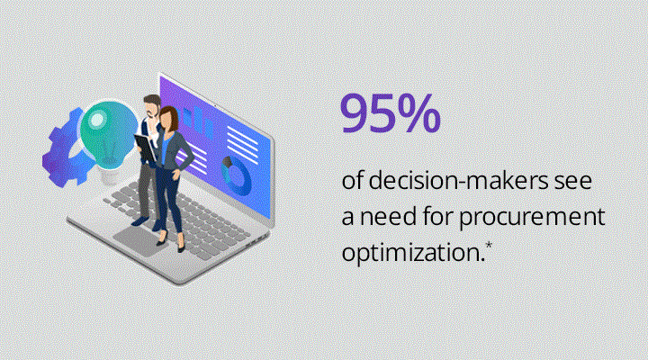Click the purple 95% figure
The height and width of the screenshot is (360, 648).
pyautogui.click(x=390, y=113)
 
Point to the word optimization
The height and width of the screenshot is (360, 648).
pyautogui.click(x=413, y=253)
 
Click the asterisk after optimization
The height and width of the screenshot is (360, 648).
pyautogui.click(x=489, y=246)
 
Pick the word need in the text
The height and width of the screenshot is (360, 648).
pyautogui.click(x=388, y=217)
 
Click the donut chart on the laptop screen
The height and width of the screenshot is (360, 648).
pyautogui.click(x=237, y=175)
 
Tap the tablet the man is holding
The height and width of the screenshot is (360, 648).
pyautogui.click(x=146, y=148)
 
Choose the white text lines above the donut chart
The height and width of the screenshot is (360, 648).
pyautogui.click(x=242, y=144)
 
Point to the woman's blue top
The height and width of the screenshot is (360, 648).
pyautogui.click(x=165, y=150)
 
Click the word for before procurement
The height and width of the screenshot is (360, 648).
pyautogui.click(x=437, y=216)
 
